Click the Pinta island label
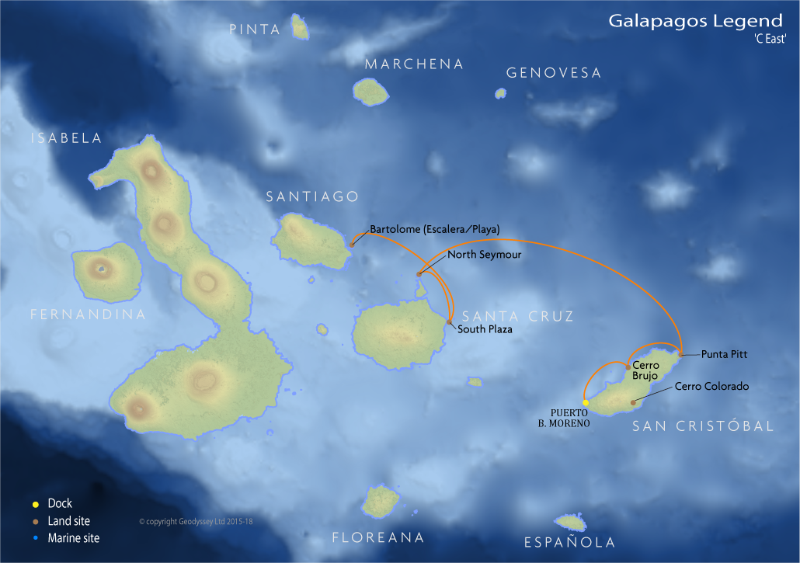[x=255, y=30]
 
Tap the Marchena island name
[x=414, y=64]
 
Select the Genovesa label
[x=554, y=73]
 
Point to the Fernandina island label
[x=88, y=315]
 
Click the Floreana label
[x=377, y=537]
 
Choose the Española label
[x=569, y=542]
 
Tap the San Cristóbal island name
[x=702, y=426]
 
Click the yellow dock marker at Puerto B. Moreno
[x=586, y=402]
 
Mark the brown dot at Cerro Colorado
[x=634, y=401]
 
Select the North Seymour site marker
[x=419, y=273]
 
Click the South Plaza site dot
[x=450, y=321]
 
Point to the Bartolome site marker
[x=351, y=245]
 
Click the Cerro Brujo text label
[x=645, y=370]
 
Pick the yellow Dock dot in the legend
[x=35, y=504]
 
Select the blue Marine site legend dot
[x=35, y=538]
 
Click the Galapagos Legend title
[x=695, y=21]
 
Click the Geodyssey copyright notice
[x=196, y=522]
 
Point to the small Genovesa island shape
[x=500, y=93]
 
